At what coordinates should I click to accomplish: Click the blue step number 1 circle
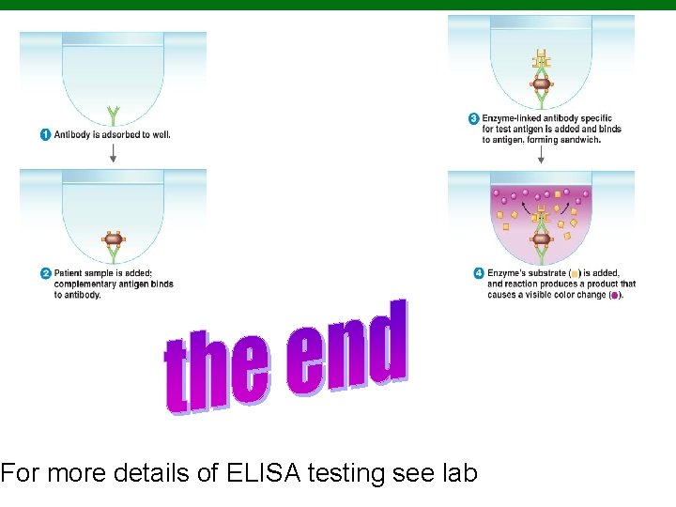pos(45,135)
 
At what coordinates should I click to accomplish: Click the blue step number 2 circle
pos(45,273)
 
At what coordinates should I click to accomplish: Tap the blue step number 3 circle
pos(473,118)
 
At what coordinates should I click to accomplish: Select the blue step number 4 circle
pos(479,273)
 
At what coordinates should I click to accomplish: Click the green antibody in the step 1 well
pos(113,115)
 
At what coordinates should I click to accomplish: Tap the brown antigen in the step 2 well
pos(113,238)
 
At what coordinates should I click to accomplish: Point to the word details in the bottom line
pos(146,473)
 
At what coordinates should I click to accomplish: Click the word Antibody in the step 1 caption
pos(71,135)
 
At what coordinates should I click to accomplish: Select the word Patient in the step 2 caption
pos(69,273)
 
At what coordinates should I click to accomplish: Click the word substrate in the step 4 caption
pos(547,273)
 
